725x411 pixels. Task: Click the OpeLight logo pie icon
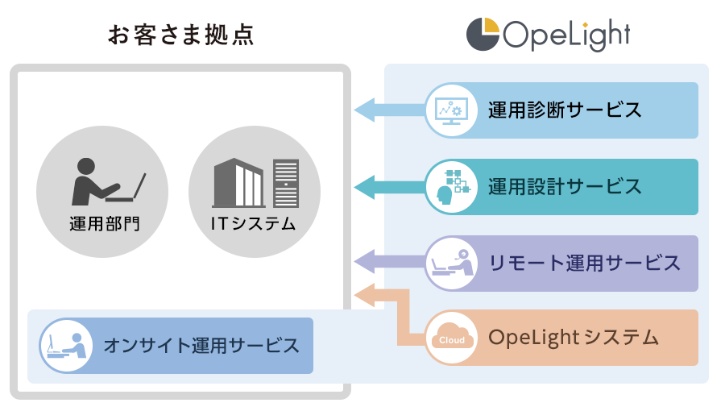point(483,34)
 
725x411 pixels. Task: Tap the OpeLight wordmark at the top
point(566,35)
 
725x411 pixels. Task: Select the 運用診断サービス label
point(565,110)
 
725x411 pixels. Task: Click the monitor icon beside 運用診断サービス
point(449,110)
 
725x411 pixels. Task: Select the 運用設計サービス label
point(565,187)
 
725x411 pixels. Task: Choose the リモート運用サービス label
point(585,263)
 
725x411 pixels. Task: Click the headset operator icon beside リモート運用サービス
point(449,263)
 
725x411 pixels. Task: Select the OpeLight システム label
point(574,337)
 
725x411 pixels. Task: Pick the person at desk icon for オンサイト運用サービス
point(64,347)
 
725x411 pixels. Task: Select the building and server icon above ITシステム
point(255,183)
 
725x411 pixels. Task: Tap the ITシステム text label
point(255,223)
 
